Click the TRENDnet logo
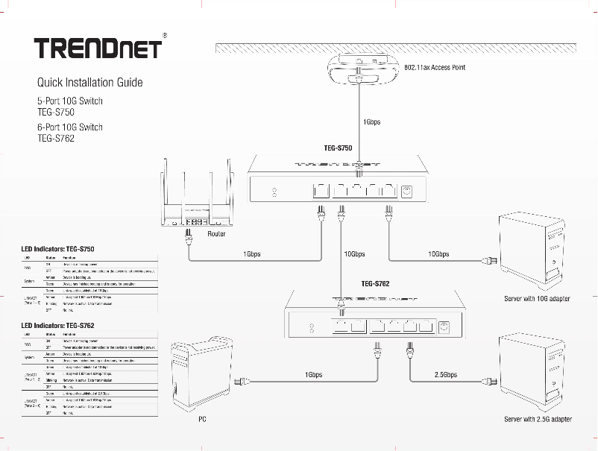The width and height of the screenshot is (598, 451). point(98,48)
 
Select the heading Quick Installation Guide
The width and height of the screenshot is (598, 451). point(90,82)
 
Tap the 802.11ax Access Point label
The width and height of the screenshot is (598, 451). point(435,67)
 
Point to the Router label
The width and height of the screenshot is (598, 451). point(217,234)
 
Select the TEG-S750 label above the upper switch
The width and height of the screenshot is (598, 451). point(338,148)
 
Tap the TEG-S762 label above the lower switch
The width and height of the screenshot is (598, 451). point(376,283)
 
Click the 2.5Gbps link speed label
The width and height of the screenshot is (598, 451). point(445,375)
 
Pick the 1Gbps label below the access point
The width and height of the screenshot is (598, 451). point(371,122)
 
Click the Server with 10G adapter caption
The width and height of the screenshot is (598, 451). point(537,299)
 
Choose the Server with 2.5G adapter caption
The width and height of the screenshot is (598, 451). point(538,420)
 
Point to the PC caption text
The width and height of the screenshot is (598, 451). point(201,420)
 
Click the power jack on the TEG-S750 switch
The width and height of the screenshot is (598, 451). point(407,192)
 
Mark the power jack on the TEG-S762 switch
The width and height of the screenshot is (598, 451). point(444,327)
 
